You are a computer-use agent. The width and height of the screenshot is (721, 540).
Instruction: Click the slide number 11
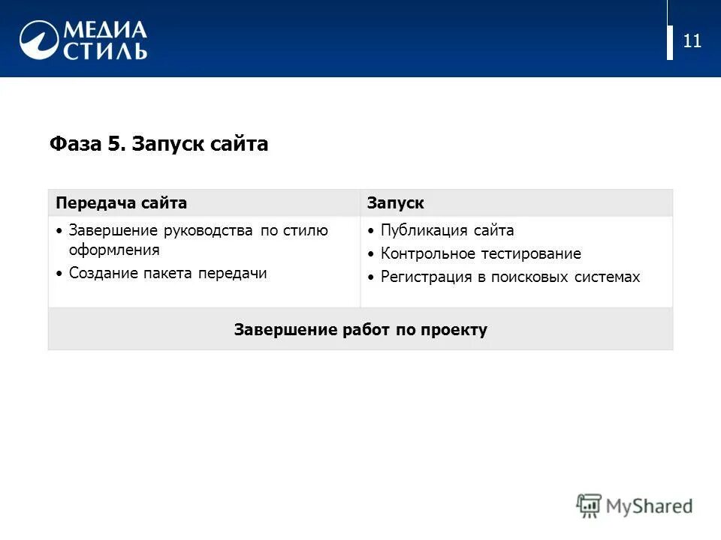(x=692, y=41)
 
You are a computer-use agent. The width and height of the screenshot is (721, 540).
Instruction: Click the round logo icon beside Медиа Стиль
(x=39, y=40)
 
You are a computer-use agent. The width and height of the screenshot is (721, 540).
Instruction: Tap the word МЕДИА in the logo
(x=104, y=30)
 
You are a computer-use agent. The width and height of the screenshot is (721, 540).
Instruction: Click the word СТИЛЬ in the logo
(x=104, y=51)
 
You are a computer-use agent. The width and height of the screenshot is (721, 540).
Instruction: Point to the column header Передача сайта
(x=122, y=203)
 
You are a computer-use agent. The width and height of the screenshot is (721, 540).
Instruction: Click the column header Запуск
(x=395, y=203)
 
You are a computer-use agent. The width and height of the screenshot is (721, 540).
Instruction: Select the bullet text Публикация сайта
(x=447, y=231)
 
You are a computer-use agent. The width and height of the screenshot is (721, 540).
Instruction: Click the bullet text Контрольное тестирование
(x=481, y=254)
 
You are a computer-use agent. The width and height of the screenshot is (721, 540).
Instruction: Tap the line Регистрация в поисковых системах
(x=510, y=277)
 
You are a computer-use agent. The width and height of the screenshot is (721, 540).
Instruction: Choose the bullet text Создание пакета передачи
(x=167, y=274)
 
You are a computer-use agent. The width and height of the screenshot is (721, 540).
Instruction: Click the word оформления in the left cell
(x=114, y=250)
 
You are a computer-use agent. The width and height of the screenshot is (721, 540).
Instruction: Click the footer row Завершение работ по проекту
(x=360, y=329)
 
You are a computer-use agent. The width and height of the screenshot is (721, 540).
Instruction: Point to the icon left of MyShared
(x=589, y=506)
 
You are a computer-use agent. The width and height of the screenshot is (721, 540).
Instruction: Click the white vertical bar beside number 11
(x=670, y=42)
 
